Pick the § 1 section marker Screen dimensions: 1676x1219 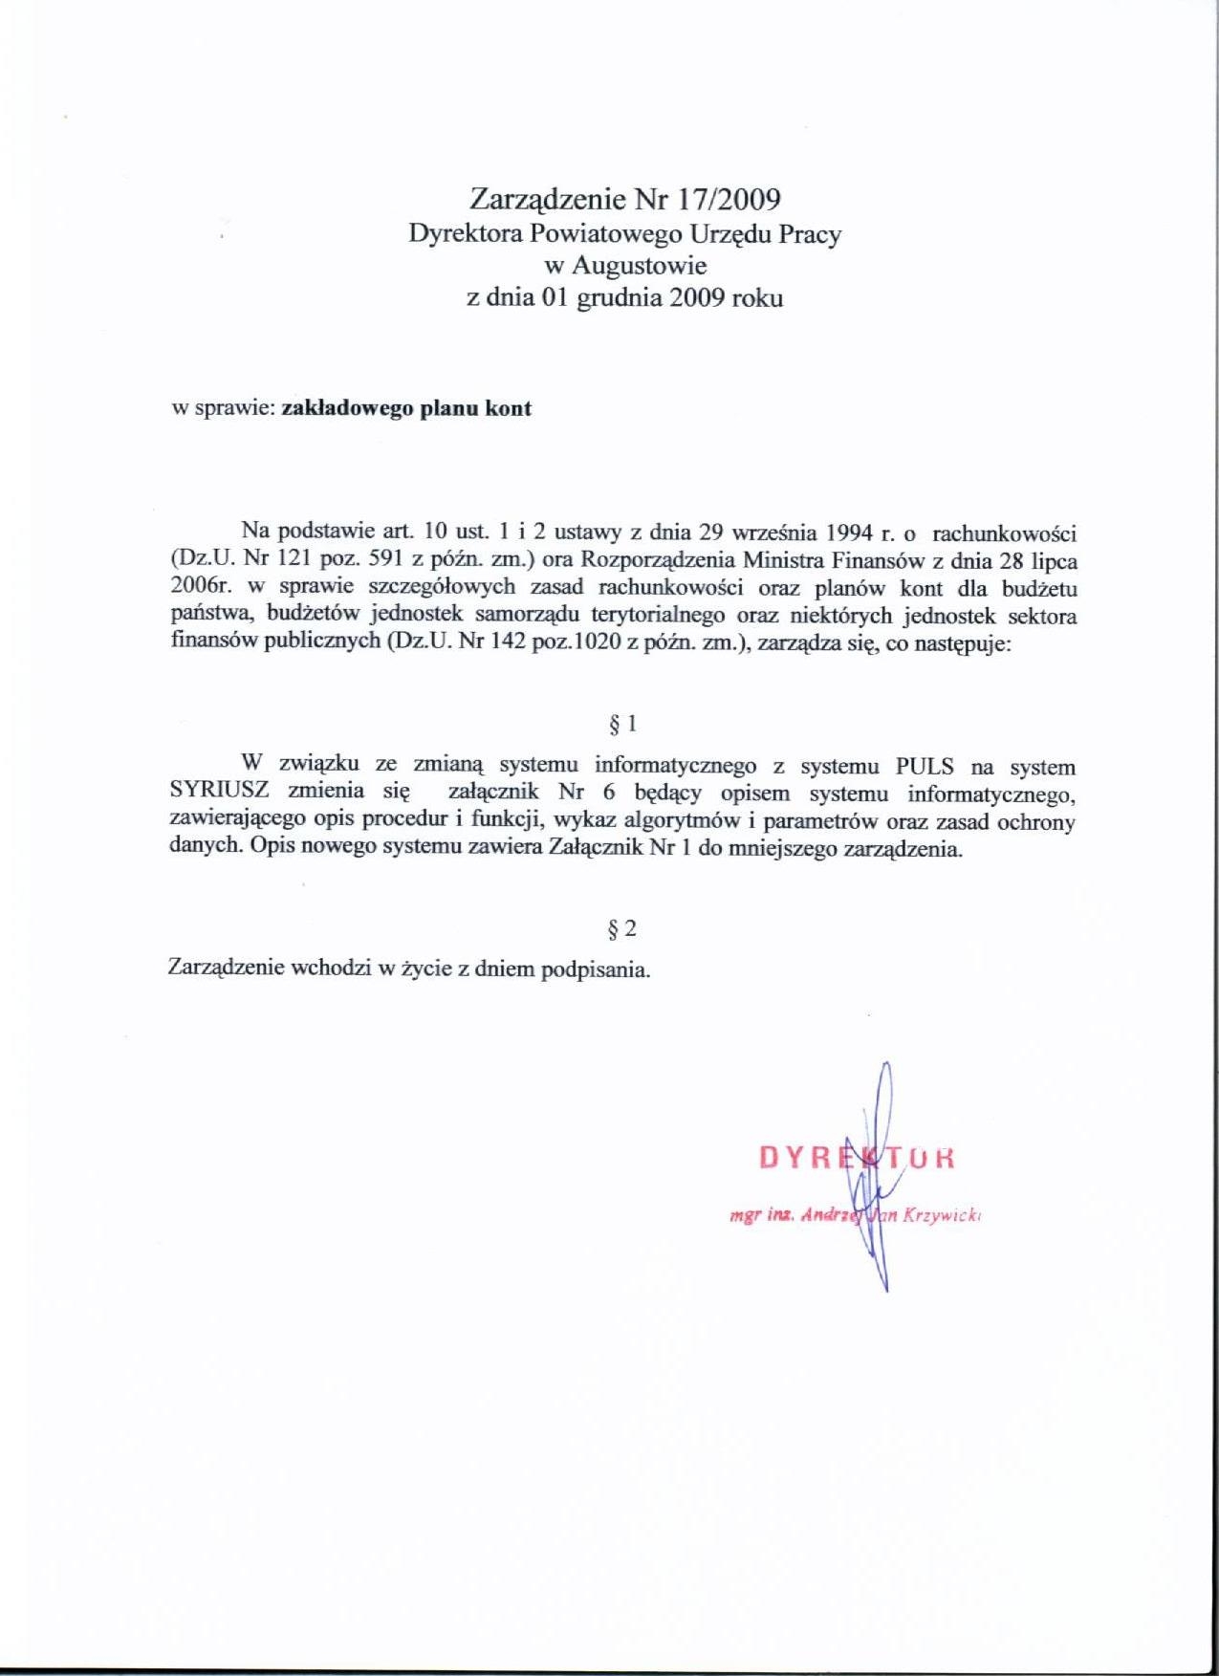(622, 725)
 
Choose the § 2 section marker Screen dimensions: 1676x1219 (622, 928)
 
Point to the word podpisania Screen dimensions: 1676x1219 (596, 969)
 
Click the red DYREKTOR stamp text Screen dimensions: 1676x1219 (857, 1158)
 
